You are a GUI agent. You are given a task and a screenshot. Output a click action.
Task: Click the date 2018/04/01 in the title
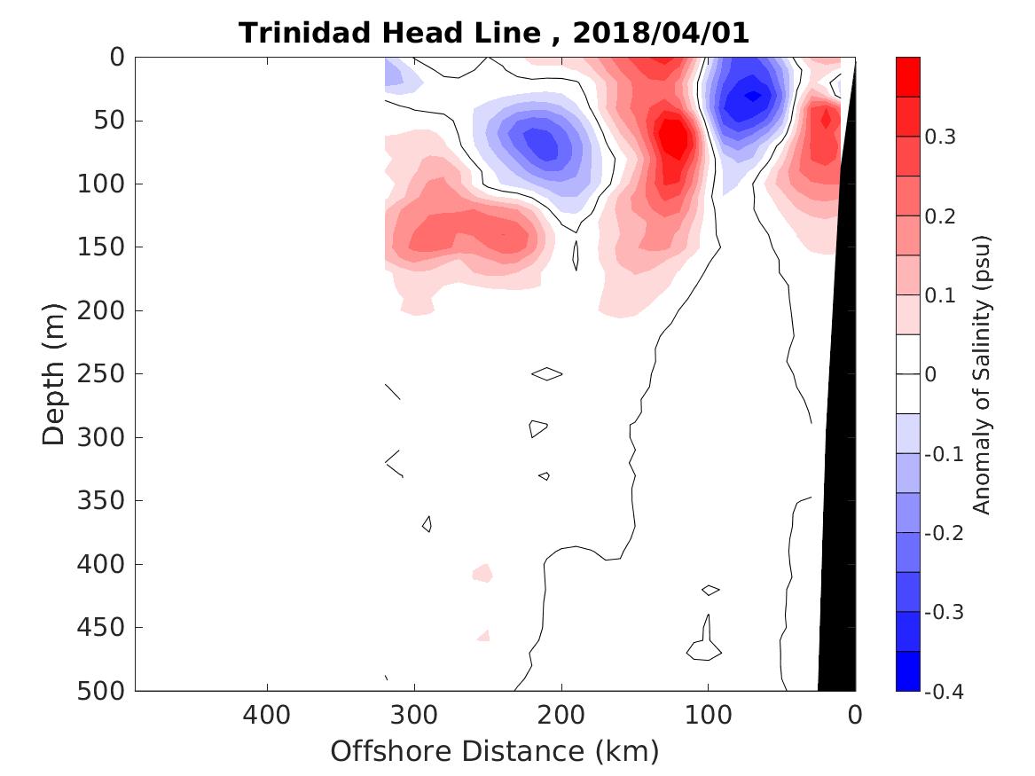coord(662,34)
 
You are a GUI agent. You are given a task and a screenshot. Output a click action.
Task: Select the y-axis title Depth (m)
coord(54,373)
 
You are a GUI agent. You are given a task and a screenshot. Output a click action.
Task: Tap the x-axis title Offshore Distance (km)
coord(494,751)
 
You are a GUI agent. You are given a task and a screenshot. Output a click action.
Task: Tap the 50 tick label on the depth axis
coord(110,121)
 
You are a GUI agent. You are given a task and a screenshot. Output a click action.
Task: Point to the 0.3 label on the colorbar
coord(941,137)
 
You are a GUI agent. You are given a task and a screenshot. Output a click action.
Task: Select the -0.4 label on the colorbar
coord(944,691)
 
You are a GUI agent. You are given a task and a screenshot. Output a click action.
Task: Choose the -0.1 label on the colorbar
coord(944,454)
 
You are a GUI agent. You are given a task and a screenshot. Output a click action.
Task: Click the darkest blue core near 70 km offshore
coord(752,95)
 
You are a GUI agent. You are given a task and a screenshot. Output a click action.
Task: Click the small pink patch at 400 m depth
coord(482,572)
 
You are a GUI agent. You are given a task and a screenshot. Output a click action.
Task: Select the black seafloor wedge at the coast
coord(837,532)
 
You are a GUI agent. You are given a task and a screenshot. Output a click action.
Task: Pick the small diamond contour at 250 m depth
coord(546,373)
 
